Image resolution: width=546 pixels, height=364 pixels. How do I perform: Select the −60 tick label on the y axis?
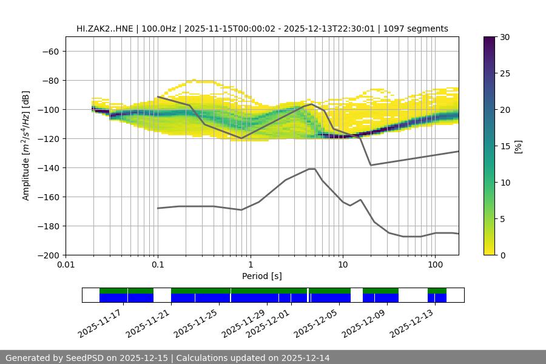51,51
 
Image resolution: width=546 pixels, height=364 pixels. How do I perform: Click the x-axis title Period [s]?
261,276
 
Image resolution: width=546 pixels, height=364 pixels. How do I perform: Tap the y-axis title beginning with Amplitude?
26,146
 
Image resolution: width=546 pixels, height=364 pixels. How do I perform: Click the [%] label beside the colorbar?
518,146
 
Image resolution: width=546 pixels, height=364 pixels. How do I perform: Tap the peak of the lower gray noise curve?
312,169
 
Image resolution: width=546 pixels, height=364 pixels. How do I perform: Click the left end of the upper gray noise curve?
158,97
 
